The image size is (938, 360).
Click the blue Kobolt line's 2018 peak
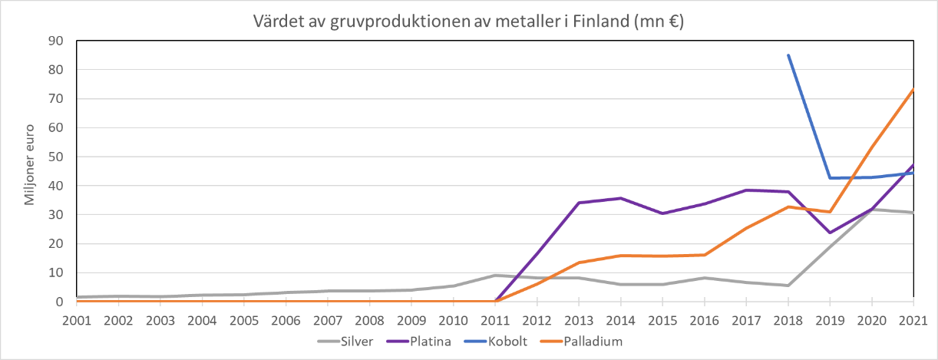click(x=788, y=55)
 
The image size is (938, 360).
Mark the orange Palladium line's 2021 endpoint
click(x=913, y=90)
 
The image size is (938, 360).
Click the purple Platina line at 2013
click(x=579, y=203)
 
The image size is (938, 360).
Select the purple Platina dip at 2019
click(x=830, y=233)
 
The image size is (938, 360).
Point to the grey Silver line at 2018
click(x=788, y=286)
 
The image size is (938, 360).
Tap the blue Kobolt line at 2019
click(x=830, y=178)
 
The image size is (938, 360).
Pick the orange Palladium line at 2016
click(x=704, y=255)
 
